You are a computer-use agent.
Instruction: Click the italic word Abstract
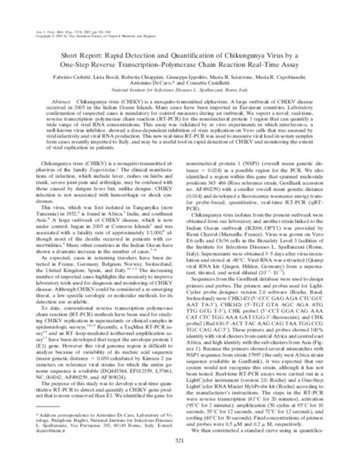(x=60, y=100)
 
